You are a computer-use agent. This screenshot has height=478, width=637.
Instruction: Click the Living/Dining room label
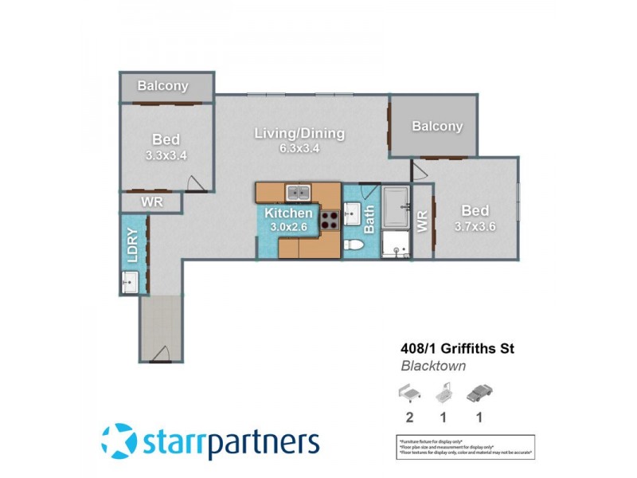[299, 133]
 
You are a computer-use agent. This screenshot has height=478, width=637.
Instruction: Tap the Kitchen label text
[288, 213]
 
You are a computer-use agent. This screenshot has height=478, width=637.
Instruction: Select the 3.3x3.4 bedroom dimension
[166, 155]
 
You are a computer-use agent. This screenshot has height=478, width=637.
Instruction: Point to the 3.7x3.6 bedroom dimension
[475, 226]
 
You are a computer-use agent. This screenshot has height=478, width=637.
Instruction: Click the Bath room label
[369, 220]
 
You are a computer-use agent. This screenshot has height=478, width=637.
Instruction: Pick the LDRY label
[133, 246]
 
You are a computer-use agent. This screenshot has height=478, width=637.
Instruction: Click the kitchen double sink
[299, 192]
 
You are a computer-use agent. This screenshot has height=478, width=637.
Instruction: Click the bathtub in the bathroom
[396, 209]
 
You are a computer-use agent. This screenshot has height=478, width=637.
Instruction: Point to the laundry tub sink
[129, 281]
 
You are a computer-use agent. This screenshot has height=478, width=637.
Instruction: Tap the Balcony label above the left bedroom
[162, 86]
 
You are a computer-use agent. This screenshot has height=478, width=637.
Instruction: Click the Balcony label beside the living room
[437, 126]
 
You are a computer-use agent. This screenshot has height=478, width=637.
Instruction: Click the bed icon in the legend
[408, 393]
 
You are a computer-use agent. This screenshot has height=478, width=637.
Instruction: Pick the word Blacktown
[432, 366]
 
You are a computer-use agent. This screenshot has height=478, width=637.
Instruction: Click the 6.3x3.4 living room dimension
[299, 149]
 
